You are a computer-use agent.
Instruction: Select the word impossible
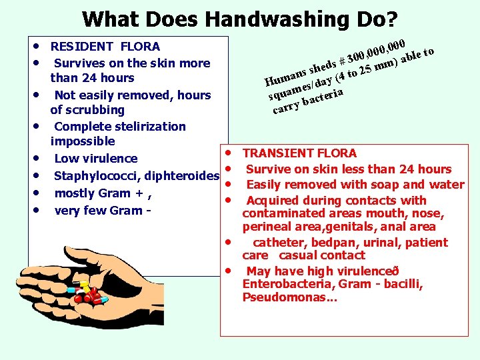(83, 141)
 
